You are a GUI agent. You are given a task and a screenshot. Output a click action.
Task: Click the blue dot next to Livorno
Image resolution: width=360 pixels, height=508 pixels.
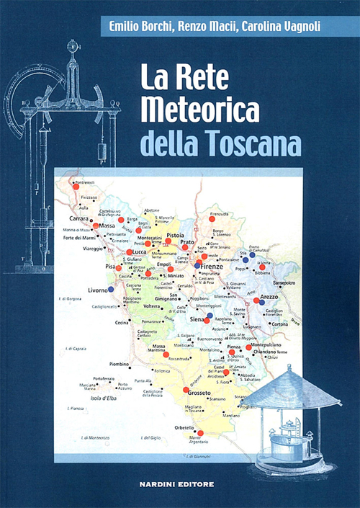click(110, 290)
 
